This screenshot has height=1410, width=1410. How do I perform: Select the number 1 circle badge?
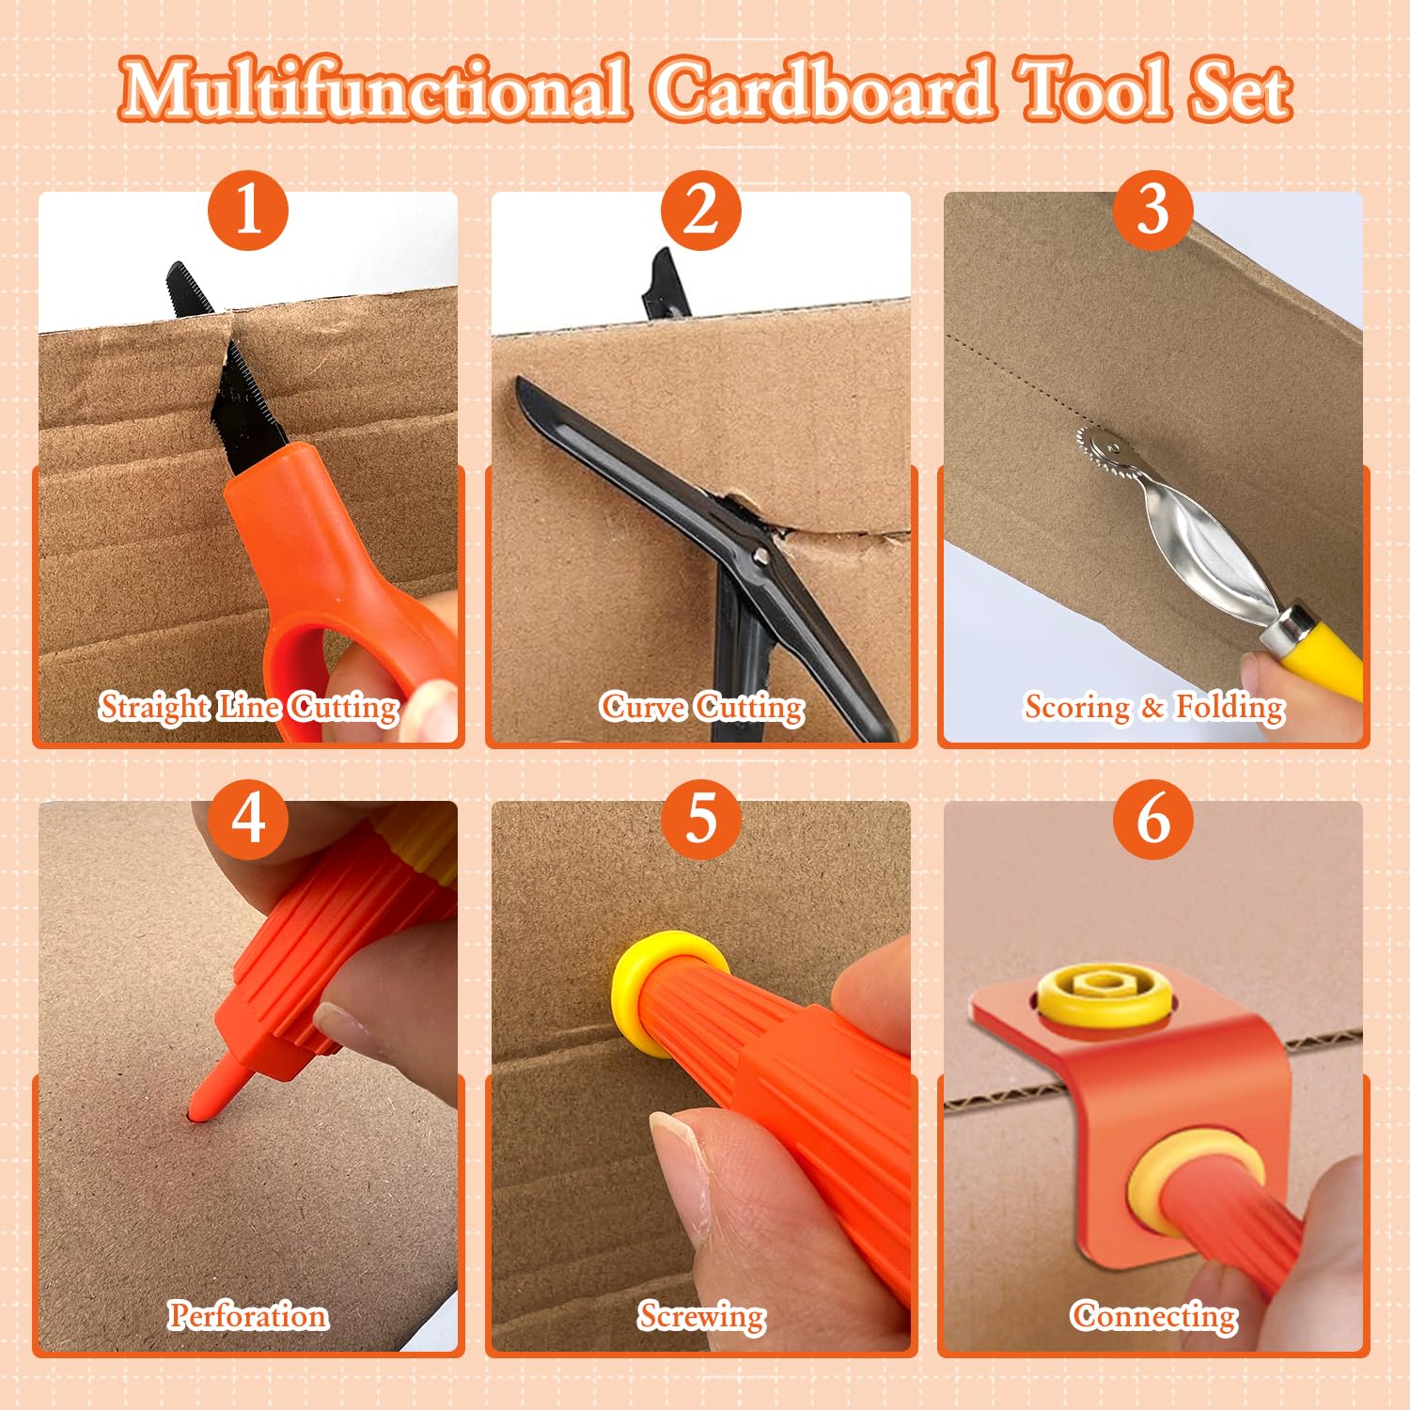pyautogui.click(x=248, y=210)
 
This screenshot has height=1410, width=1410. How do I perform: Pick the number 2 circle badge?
pyautogui.click(x=701, y=210)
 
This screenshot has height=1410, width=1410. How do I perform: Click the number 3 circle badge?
pyautogui.click(x=1153, y=210)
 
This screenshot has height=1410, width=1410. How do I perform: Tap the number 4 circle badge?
pyautogui.click(x=248, y=819)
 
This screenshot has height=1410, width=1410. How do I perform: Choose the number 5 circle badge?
pyautogui.click(x=701, y=819)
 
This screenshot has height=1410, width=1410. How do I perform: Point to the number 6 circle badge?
pyautogui.click(x=1153, y=819)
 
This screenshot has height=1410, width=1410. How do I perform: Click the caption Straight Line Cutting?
pyautogui.click(x=249, y=707)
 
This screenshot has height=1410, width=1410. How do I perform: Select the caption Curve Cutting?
pyautogui.click(x=702, y=707)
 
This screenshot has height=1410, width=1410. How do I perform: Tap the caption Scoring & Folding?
pyautogui.click(x=1154, y=707)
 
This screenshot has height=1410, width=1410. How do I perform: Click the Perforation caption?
pyautogui.click(x=248, y=1315)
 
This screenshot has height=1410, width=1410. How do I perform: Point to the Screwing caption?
pyautogui.click(x=701, y=1316)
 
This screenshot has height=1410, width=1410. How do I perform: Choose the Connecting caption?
pyautogui.click(x=1153, y=1316)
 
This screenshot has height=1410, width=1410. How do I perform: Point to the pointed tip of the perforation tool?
pyautogui.click(x=195, y=1114)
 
